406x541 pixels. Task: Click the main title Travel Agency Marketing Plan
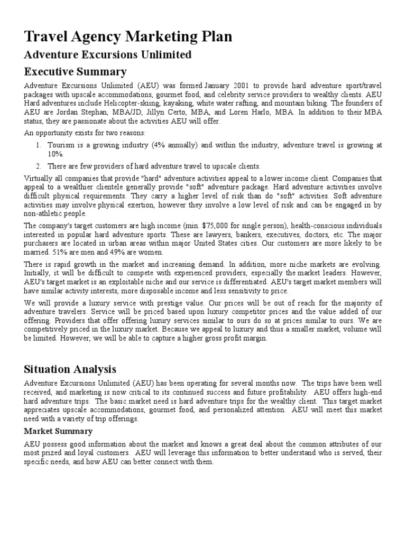(x=128, y=38)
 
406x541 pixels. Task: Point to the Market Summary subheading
(x=58, y=432)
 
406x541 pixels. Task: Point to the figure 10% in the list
(x=56, y=154)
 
